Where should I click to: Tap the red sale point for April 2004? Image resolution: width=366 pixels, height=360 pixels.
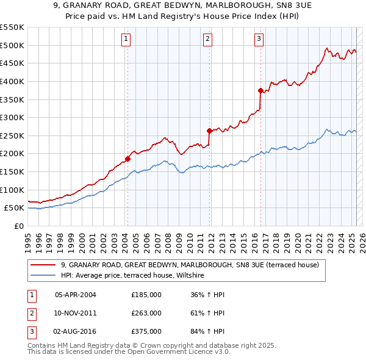click(128, 159)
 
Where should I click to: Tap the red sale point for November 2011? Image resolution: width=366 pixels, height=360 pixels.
click(210, 131)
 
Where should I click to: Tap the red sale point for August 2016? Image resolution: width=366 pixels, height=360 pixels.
click(261, 90)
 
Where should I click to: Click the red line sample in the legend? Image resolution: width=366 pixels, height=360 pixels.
click(43, 265)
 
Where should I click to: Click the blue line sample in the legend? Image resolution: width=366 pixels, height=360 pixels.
click(43, 276)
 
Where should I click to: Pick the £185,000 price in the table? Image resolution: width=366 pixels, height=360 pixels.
click(146, 295)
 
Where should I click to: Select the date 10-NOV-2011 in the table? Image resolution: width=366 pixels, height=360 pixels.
click(76, 313)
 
